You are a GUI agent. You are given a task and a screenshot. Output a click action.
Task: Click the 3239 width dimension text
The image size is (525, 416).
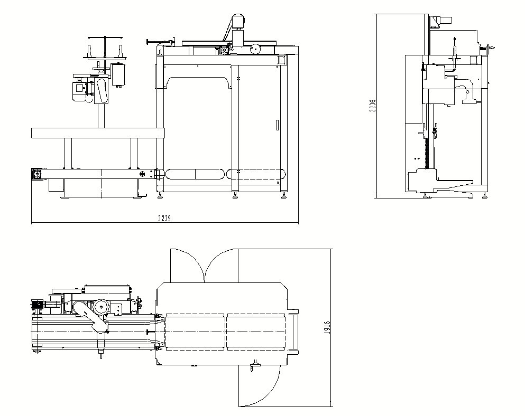(x=164, y=218)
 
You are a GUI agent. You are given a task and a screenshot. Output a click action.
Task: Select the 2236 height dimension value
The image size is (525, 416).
(x=372, y=106)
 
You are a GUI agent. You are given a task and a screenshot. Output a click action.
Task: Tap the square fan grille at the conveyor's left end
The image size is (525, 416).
(x=38, y=174)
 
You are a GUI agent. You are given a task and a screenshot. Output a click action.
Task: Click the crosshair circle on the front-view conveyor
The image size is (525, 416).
(x=142, y=174)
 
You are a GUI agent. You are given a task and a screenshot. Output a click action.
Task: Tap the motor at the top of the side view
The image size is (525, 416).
(x=441, y=20)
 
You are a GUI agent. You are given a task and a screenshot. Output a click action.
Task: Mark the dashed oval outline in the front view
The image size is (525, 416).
(x=196, y=174)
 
